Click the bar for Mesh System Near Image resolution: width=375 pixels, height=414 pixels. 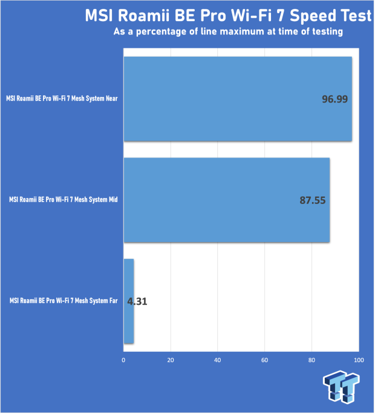tap(238, 99)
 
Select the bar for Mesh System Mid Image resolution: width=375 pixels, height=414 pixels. tap(227, 200)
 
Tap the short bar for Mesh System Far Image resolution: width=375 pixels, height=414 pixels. tap(129, 301)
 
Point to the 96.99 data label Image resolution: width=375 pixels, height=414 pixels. tap(334, 99)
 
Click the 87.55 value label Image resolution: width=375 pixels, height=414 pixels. tap(313, 200)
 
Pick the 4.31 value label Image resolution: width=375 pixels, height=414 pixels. tap(137, 302)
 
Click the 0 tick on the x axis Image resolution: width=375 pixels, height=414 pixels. tap(123, 360)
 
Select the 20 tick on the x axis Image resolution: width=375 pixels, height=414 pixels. tap(171, 360)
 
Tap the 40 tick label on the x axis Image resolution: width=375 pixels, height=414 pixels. tap(218, 360)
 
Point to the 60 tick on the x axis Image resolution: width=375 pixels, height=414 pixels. tap(265, 360)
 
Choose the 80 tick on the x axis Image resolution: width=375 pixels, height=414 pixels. tap(311, 360)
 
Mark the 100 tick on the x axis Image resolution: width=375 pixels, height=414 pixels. tap(359, 360)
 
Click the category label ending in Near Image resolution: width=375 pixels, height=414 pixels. tap(62, 99)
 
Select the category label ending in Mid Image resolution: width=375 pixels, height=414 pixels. tap(64, 200)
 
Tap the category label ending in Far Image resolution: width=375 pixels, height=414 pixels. tap(64, 301)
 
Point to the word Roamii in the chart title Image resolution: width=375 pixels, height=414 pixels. tap(143, 16)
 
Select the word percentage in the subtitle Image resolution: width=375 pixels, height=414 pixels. tap(161, 32)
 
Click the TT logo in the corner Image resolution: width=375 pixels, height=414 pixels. tap(341, 387)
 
